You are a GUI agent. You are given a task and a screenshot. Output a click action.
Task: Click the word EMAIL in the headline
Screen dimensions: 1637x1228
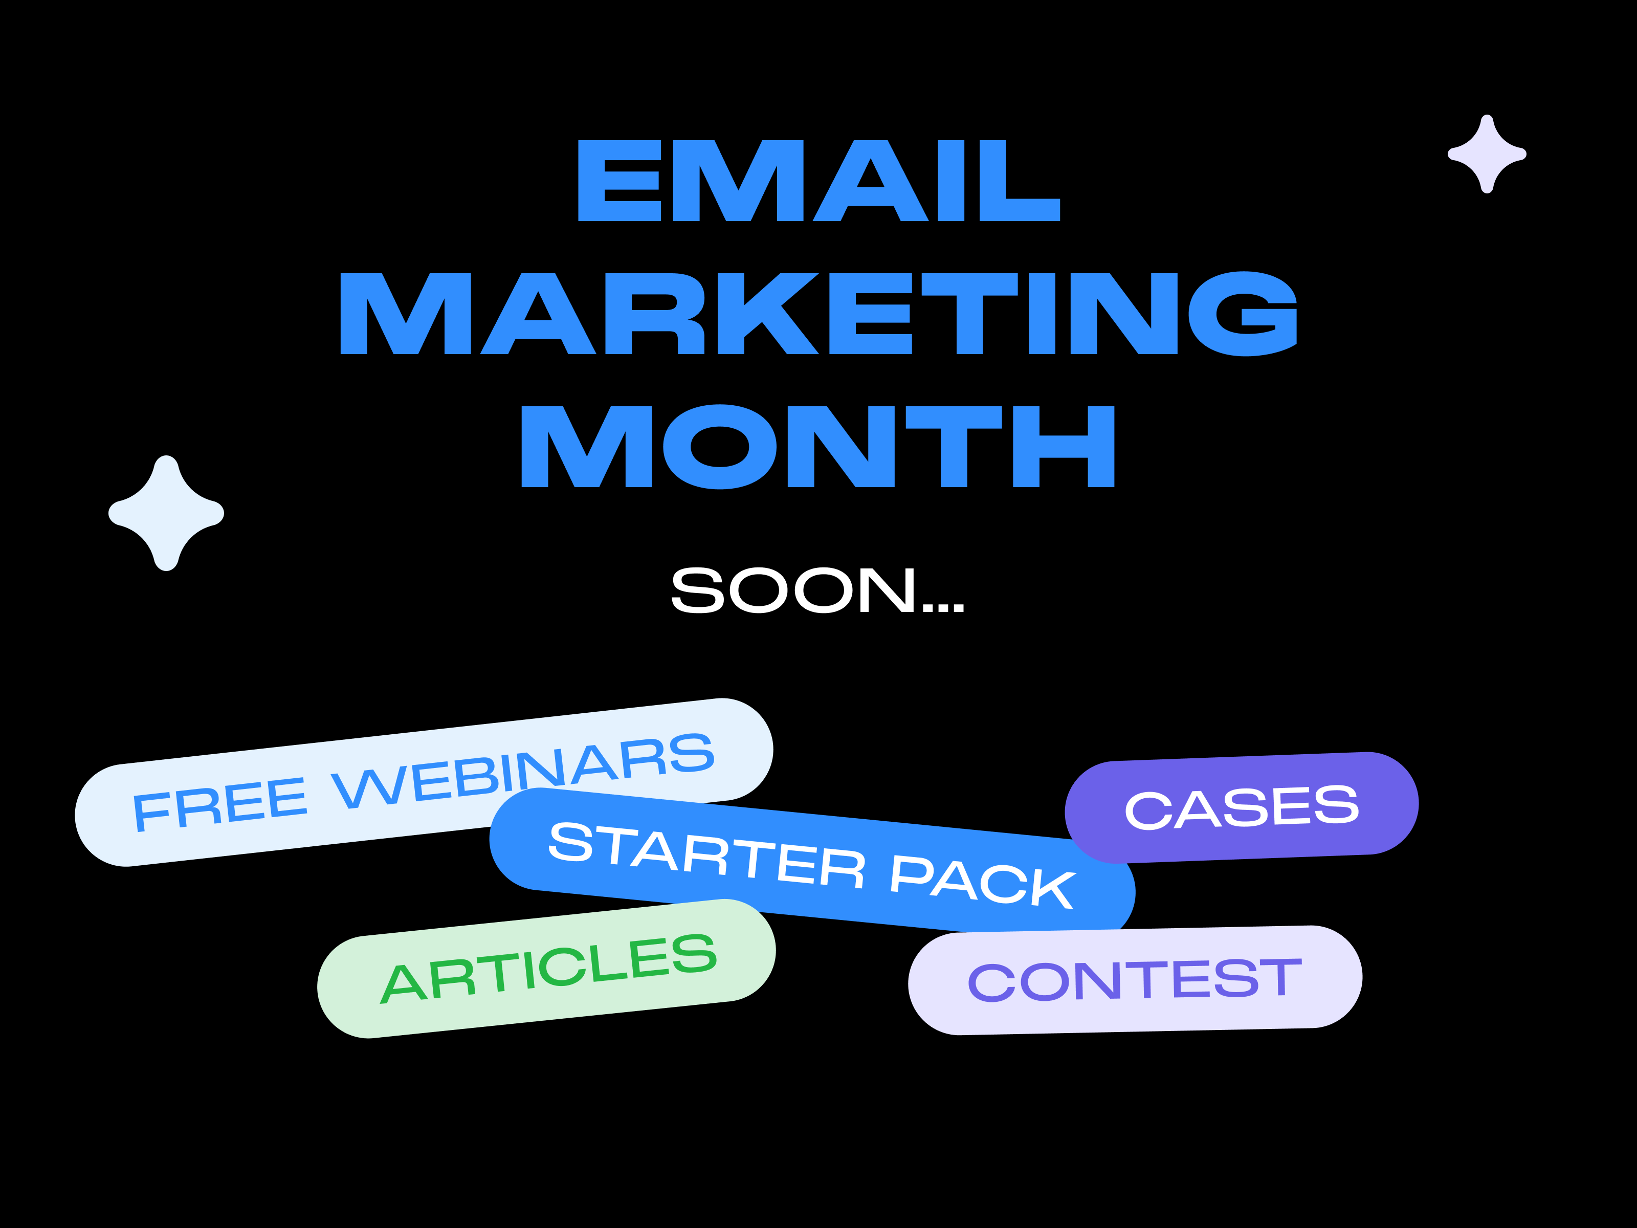click(x=818, y=181)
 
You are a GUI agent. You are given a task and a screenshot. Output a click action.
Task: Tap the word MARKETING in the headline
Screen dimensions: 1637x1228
click(x=818, y=313)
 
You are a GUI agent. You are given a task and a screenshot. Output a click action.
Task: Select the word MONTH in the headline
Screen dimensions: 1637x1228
click(x=818, y=446)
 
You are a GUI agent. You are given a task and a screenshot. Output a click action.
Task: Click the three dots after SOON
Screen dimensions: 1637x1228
click(x=943, y=608)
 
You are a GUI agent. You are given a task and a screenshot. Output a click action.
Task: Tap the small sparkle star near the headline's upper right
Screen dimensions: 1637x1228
click(x=1487, y=154)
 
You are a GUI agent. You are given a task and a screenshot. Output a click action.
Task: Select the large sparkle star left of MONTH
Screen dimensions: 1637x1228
click(x=166, y=513)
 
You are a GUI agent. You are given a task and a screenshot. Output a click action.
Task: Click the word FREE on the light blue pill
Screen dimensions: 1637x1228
click(x=220, y=805)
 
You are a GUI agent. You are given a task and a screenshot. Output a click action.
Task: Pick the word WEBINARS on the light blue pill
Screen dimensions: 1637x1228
click(x=523, y=771)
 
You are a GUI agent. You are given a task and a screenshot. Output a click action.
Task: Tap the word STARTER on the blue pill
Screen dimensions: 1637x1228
click(x=707, y=856)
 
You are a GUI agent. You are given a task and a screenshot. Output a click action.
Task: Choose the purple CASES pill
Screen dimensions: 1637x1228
click(x=1242, y=807)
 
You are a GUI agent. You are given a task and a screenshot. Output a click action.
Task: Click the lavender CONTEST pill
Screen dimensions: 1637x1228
click(x=1135, y=980)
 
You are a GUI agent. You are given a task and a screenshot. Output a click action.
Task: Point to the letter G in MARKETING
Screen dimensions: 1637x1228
click(x=1243, y=314)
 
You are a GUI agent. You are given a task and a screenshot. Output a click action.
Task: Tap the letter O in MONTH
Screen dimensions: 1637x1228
click(x=719, y=446)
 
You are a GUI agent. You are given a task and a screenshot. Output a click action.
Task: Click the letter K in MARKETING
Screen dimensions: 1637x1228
click(x=768, y=313)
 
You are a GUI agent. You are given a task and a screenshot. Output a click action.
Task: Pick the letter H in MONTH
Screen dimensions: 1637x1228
click(x=1064, y=446)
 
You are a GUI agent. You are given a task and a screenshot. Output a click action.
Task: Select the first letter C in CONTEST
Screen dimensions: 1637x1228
click(x=992, y=983)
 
